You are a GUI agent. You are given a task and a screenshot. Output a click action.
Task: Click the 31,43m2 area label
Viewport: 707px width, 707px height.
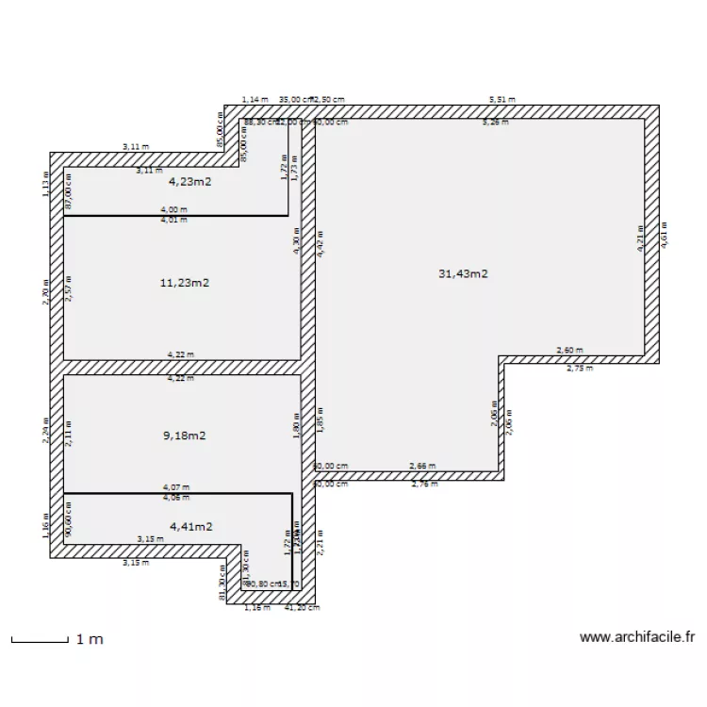pyautogui.click(x=462, y=273)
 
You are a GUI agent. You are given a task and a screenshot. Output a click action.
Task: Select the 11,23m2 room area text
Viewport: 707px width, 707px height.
pyautogui.click(x=185, y=282)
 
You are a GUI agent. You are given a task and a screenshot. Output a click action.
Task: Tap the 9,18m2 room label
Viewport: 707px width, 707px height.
pyautogui.click(x=185, y=436)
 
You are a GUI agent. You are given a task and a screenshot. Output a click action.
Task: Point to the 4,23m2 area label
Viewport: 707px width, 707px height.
pyautogui.click(x=189, y=184)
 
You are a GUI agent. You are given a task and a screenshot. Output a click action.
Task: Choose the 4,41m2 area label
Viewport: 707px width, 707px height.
pyautogui.click(x=190, y=526)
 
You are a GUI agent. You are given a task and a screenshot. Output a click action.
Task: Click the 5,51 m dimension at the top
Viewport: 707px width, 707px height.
pyautogui.click(x=501, y=99)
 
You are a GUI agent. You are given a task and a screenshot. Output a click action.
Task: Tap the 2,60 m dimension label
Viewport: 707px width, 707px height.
pyautogui.click(x=569, y=350)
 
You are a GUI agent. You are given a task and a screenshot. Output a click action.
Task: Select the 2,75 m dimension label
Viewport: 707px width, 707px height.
pyautogui.click(x=580, y=369)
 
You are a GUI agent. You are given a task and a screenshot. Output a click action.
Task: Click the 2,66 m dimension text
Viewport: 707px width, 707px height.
pyautogui.click(x=422, y=466)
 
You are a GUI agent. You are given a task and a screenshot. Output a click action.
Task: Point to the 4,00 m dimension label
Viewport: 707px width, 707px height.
pyautogui.click(x=173, y=210)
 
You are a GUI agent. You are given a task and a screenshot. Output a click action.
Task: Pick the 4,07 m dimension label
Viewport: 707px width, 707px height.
pyautogui.click(x=174, y=488)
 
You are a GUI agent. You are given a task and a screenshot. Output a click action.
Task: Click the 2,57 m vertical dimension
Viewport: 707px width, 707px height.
pyautogui.click(x=70, y=288)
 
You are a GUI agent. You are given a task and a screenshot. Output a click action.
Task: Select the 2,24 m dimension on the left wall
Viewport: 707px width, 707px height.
pyautogui.click(x=45, y=430)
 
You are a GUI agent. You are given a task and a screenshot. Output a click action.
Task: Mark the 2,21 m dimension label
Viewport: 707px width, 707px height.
pyautogui.click(x=321, y=542)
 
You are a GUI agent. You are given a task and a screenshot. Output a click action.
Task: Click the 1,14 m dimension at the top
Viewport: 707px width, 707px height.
pyautogui.click(x=255, y=99)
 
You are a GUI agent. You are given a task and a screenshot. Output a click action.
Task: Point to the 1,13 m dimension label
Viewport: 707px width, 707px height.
pyautogui.click(x=45, y=183)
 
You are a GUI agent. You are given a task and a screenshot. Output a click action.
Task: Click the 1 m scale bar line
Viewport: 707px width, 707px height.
pyautogui.click(x=40, y=641)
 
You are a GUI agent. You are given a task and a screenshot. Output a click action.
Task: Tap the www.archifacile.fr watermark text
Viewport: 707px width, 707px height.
pyautogui.click(x=636, y=637)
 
